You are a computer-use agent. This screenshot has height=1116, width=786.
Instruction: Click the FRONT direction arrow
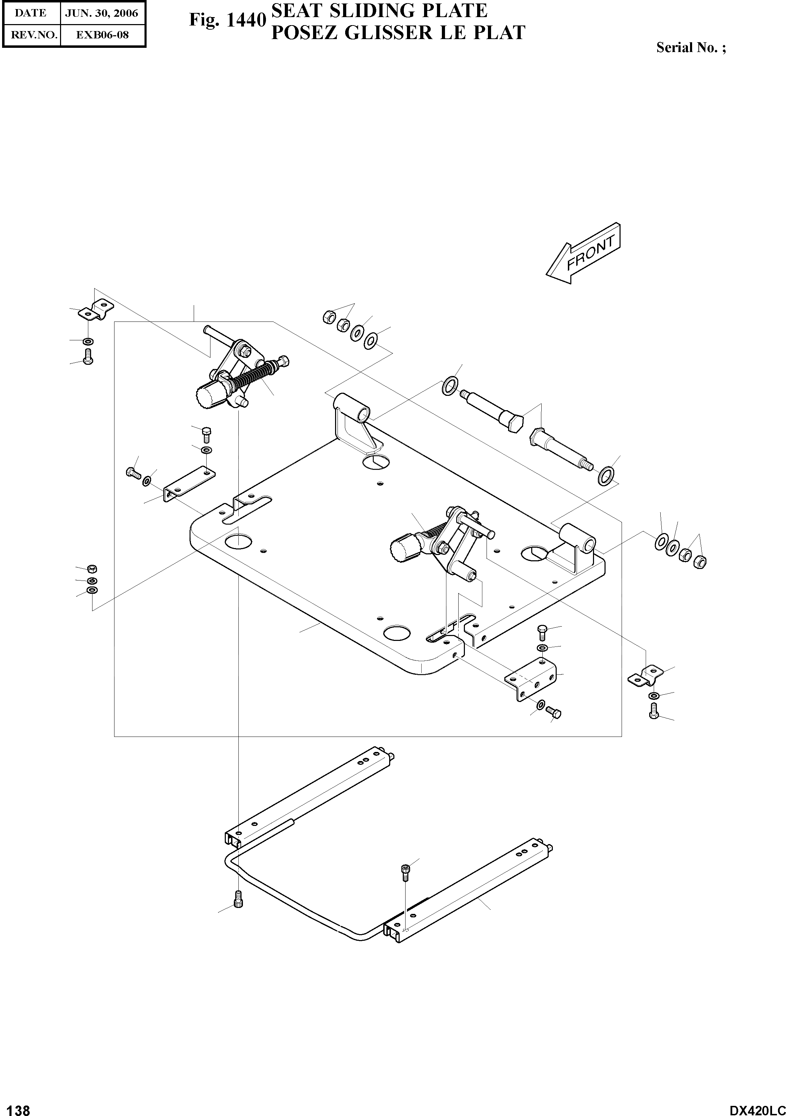pos(583,254)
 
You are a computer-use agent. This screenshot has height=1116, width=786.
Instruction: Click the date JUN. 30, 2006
pos(102,13)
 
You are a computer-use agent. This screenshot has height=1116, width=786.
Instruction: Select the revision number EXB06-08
pos(102,35)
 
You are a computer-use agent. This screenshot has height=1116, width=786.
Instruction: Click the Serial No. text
pos(691,47)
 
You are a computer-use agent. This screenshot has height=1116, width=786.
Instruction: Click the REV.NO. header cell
pos(31,35)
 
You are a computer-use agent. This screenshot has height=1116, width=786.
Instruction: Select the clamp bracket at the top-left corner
pos(96,310)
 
